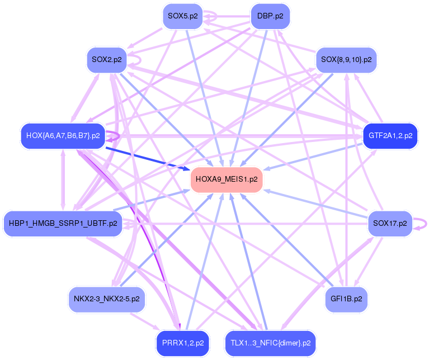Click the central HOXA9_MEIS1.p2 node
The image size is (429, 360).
[x=227, y=179]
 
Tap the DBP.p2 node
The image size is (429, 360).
[x=270, y=16]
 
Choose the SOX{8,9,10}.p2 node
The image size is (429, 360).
[x=347, y=59]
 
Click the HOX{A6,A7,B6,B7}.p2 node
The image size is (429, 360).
[x=63, y=135]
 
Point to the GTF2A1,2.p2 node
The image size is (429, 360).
[x=390, y=135]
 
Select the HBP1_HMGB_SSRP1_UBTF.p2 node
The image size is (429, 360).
[x=63, y=224]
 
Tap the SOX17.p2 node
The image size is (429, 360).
[x=390, y=224]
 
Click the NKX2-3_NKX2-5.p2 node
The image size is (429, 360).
[x=106, y=299]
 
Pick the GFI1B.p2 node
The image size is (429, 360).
[x=346, y=299]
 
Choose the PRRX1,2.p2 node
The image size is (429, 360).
[x=182, y=342]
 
